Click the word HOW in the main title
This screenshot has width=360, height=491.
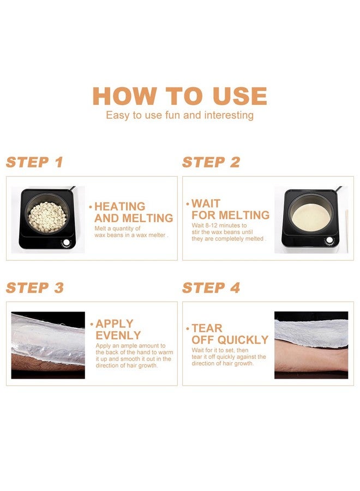click(124, 96)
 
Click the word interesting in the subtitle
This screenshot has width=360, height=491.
click(229, 115)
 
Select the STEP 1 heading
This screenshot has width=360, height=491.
click(34, 162)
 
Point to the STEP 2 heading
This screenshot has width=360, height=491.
click(211, 162)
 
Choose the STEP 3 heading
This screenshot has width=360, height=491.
click(35, 288)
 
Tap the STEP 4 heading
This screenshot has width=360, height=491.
click(211, 288)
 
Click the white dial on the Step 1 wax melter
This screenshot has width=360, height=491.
click(66, 243)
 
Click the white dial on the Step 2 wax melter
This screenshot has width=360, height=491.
click(329, 240)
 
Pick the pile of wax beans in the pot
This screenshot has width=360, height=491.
click(47, 217)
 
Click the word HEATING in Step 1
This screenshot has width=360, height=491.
click(119, 206)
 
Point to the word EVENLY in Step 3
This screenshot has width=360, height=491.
click(118, 335)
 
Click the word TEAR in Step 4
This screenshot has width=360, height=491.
click(207, 328)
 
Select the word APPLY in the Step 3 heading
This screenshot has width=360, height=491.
click(115, 324)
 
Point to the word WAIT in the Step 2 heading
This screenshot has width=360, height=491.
click(206, 203)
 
